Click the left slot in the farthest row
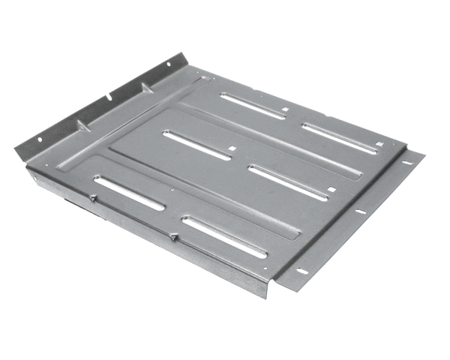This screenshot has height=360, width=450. [253, 106]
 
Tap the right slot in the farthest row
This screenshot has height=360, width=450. [339, 138]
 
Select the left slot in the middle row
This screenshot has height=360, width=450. [196, 145]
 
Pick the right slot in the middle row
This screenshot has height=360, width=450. [288, 182]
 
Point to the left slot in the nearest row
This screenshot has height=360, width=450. [129, 193]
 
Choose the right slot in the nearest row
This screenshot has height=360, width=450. [224, 237]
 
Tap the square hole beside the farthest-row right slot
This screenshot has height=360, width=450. [379, 144]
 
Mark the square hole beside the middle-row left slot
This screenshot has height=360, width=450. [234, 148]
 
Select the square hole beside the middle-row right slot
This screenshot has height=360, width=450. [331, 189]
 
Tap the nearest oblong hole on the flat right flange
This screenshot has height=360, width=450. [302, 271]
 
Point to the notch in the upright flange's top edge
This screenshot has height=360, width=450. [109, 95]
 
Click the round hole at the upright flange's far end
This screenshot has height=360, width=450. [167, 64]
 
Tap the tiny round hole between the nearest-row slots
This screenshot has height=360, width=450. [172, 190]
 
